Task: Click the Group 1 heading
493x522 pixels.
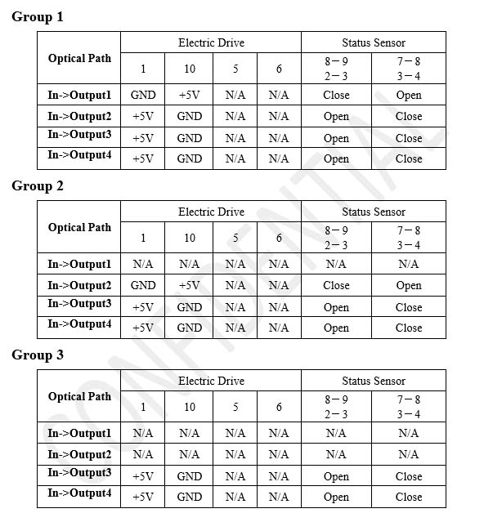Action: pyautogui.click(x=38, y=16)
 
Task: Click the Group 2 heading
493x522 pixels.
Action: pyautogui.click(x=38, y=185)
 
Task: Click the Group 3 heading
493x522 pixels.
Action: pyautogui.click(x=38, y=355)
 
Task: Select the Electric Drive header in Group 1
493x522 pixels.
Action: pyautogui.click(x=211, y=42)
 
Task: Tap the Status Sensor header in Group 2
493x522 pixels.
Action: pyautogui.click(x=374, y=212)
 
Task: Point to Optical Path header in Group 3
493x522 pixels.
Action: pyautogui.click(x=79, y=396)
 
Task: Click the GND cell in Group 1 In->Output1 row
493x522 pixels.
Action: pyautogui.click(x=143, y=95)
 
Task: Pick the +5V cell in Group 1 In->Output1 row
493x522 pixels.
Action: pyautogui.click(x=190, y=95)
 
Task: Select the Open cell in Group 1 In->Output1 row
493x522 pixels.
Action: pyautogui.click(x=409, y=95)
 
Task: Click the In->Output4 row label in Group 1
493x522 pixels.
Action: pyautogui.click(x=79, y=155)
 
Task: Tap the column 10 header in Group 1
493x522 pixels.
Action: pyautogui.click(x=190, y=69)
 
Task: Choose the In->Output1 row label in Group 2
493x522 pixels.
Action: pyautogui.click(x=79, y=264)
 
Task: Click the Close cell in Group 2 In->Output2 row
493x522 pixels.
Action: pyautogui.click(x=336, y=285)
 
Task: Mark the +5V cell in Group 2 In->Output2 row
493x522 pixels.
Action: pyautogui.click(x=190, y=285)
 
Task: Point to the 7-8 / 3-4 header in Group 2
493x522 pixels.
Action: pyautogui.click(x=409, y=238)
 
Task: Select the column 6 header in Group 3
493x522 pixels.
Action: pyautogui.click(x=279, y=407)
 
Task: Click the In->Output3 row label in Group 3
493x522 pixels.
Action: pyautogui.click(x=79, y=473)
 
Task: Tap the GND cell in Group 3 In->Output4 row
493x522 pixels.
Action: pyautogui.click(x=190, y=497)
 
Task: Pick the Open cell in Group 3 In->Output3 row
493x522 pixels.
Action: pyautogui.click(x=336, y=476)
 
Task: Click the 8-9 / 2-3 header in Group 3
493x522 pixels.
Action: pyautogui.click(x=336, y=407)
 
